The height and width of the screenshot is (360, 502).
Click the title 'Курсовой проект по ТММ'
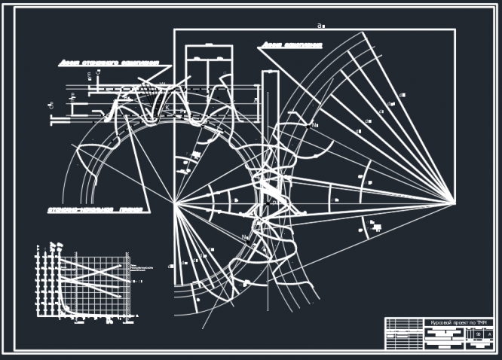tap(459, 322)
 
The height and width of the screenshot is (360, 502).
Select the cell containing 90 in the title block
tap(479, 333)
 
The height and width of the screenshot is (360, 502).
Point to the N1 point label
tap(316, 126)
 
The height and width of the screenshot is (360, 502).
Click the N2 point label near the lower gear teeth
tap(245, 238)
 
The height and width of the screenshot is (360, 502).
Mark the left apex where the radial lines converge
tap(175, 203)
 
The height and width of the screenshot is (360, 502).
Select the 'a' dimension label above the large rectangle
tap(320, 26)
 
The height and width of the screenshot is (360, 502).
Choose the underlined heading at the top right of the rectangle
tap(291, 47)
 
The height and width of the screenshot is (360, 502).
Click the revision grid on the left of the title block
tap(405, 334)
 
